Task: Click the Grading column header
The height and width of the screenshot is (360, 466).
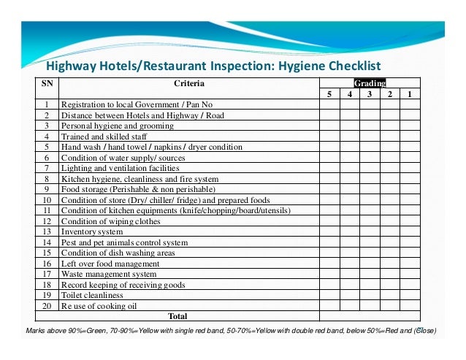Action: pos(370,83)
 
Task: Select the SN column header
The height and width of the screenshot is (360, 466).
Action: pos(46,83)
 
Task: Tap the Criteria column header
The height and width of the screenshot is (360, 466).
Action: pos(188,83)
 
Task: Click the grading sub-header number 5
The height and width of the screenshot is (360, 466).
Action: pos(329,94)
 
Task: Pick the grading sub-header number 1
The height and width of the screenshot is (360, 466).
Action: pos(410,94)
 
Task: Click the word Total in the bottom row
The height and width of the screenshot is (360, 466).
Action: pos(177,316)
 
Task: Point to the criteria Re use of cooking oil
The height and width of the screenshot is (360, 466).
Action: pos(99,306)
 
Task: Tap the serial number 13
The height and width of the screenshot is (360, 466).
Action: pos(46,231)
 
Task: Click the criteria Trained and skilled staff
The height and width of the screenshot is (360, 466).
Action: pos(104,136)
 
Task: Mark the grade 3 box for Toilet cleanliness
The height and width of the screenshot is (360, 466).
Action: pos(370,295)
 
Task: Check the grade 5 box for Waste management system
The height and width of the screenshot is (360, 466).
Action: pos(329,274)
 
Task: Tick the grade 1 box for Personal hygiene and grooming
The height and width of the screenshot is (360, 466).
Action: pos(410,126)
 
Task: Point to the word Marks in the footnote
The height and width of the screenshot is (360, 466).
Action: pos(37,331)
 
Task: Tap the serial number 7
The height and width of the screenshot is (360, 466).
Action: pos(46,168)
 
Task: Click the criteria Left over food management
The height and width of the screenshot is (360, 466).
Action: pos(110,264)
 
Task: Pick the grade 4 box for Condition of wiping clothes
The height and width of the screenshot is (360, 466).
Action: pos(349,221)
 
